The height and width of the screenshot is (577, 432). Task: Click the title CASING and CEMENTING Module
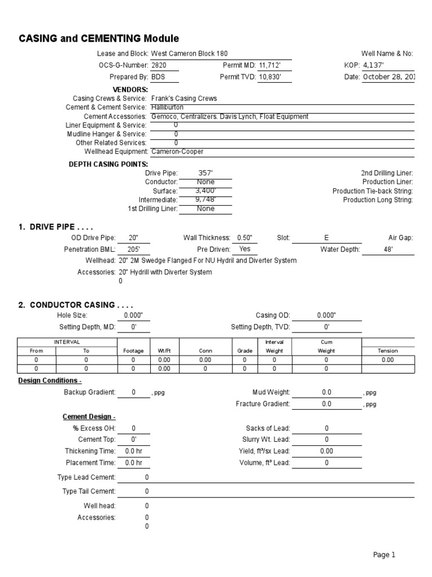(x=99, y=39)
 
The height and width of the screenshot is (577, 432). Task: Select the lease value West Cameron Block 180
(x=190, y=54)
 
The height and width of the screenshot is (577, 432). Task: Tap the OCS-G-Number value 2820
(x=159, y=65)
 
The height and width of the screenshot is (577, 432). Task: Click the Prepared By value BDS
(x=159, y=77)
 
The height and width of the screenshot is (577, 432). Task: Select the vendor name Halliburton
(x=168, y=107)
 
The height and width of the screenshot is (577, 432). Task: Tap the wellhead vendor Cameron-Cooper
(x=178, y=152)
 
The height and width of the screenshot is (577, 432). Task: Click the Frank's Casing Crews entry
(x=184, y=98)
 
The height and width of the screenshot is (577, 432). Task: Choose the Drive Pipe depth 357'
(x=206, y=173)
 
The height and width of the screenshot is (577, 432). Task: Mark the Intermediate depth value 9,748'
(x=206, y=199)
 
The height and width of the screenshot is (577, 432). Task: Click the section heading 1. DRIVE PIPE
(x=55, y=227)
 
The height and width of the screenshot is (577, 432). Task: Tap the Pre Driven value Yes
(x=245, y=249)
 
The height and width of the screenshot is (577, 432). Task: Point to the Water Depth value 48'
(x=388, y=249)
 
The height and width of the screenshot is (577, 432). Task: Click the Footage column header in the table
(x=133, y=350)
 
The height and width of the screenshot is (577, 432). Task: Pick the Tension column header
(x=388, y=350)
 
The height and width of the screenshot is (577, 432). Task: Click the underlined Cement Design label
(x=89, y=417)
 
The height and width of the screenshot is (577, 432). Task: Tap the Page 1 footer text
(x=384, y=555)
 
